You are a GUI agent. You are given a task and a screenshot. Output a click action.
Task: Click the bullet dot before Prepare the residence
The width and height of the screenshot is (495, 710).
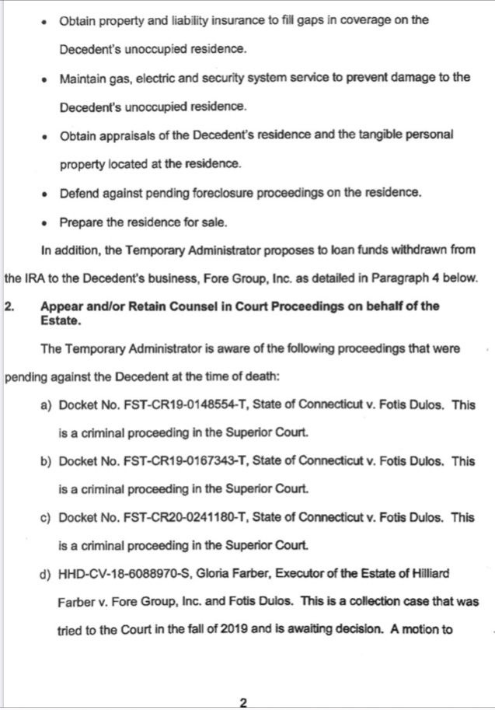tap(46, 223)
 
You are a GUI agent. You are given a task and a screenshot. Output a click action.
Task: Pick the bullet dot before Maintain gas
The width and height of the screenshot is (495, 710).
tap(46, 78)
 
